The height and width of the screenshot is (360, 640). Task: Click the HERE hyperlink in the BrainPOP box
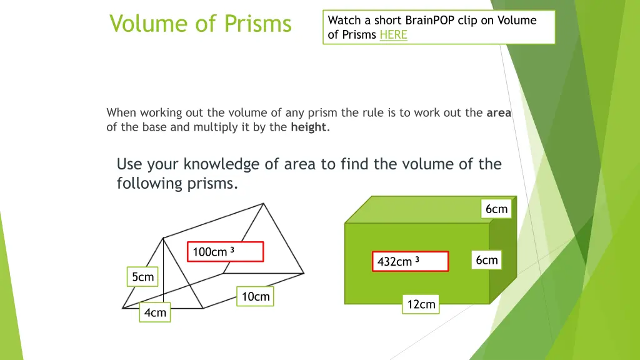(393, 35)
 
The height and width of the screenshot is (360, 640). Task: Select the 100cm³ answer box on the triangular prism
(225, 252)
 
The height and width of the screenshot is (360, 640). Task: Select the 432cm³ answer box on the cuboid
(411, 261)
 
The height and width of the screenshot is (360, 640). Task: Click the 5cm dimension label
(142, 277)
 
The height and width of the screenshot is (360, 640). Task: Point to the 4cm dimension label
(154, 312)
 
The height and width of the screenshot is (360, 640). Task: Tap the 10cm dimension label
(255, 297)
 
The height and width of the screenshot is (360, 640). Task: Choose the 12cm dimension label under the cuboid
(421, 304)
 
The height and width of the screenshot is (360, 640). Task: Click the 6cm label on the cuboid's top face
(496, 209)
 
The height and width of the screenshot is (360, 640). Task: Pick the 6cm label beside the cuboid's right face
(486, 260)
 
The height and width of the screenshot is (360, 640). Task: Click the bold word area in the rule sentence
(499, 113)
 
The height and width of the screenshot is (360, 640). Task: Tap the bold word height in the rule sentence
(308, 127)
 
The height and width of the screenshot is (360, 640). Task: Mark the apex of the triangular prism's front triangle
(163, 237)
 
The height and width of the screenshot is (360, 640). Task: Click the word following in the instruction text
(149, 184)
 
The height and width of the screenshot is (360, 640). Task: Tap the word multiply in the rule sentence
(214, 127)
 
